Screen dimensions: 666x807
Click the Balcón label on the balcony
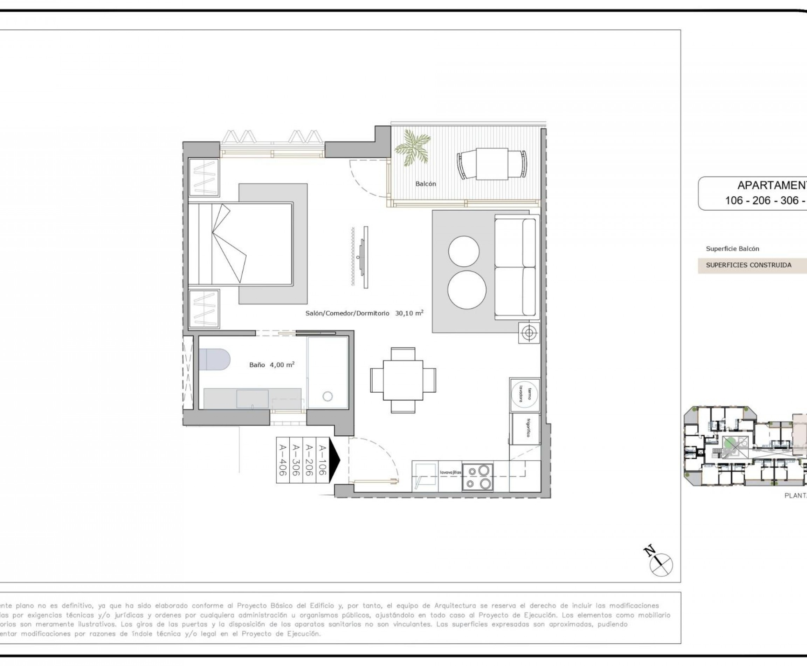pyautogui.click(x=426, y=184)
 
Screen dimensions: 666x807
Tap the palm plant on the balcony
pyautogui.click(x=413, y=148)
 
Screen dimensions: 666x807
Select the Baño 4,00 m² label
pyautogui.click(x=272, y=365)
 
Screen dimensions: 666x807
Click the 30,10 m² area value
pyautogui.click(x=409, y=313)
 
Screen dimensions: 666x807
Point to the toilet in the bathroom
pyautogui.click(x=214, y=359)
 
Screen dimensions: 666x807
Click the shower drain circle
pyautogui.click(x=327, y=396)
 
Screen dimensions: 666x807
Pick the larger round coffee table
pyautogui.click(x=467, y=290)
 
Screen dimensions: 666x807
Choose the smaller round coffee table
pyautogui.click(x=463, y=251)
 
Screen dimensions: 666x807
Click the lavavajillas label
pyautogui.click(x=450, y=472)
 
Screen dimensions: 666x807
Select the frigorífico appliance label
pyautogui.click(x=528, y=428)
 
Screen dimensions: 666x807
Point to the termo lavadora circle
pyautogui.click(x=525, y=395)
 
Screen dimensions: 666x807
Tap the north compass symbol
pyautogui.click(x=661, y=564)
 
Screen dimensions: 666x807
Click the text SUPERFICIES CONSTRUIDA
pyautogui.click(x=749, y=265)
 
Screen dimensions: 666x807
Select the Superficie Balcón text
pyautogui.click(x=732, y=249)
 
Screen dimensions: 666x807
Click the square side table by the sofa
pyautogui.click(x=529, y=332)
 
